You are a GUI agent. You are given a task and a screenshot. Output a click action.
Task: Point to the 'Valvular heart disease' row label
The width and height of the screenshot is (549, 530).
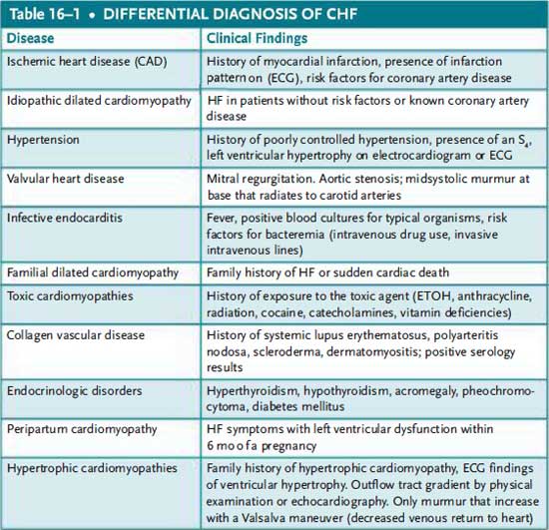click(x=65, y=179)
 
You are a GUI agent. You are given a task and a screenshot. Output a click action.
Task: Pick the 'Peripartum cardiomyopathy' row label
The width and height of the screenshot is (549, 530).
click(x=78, y=427)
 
